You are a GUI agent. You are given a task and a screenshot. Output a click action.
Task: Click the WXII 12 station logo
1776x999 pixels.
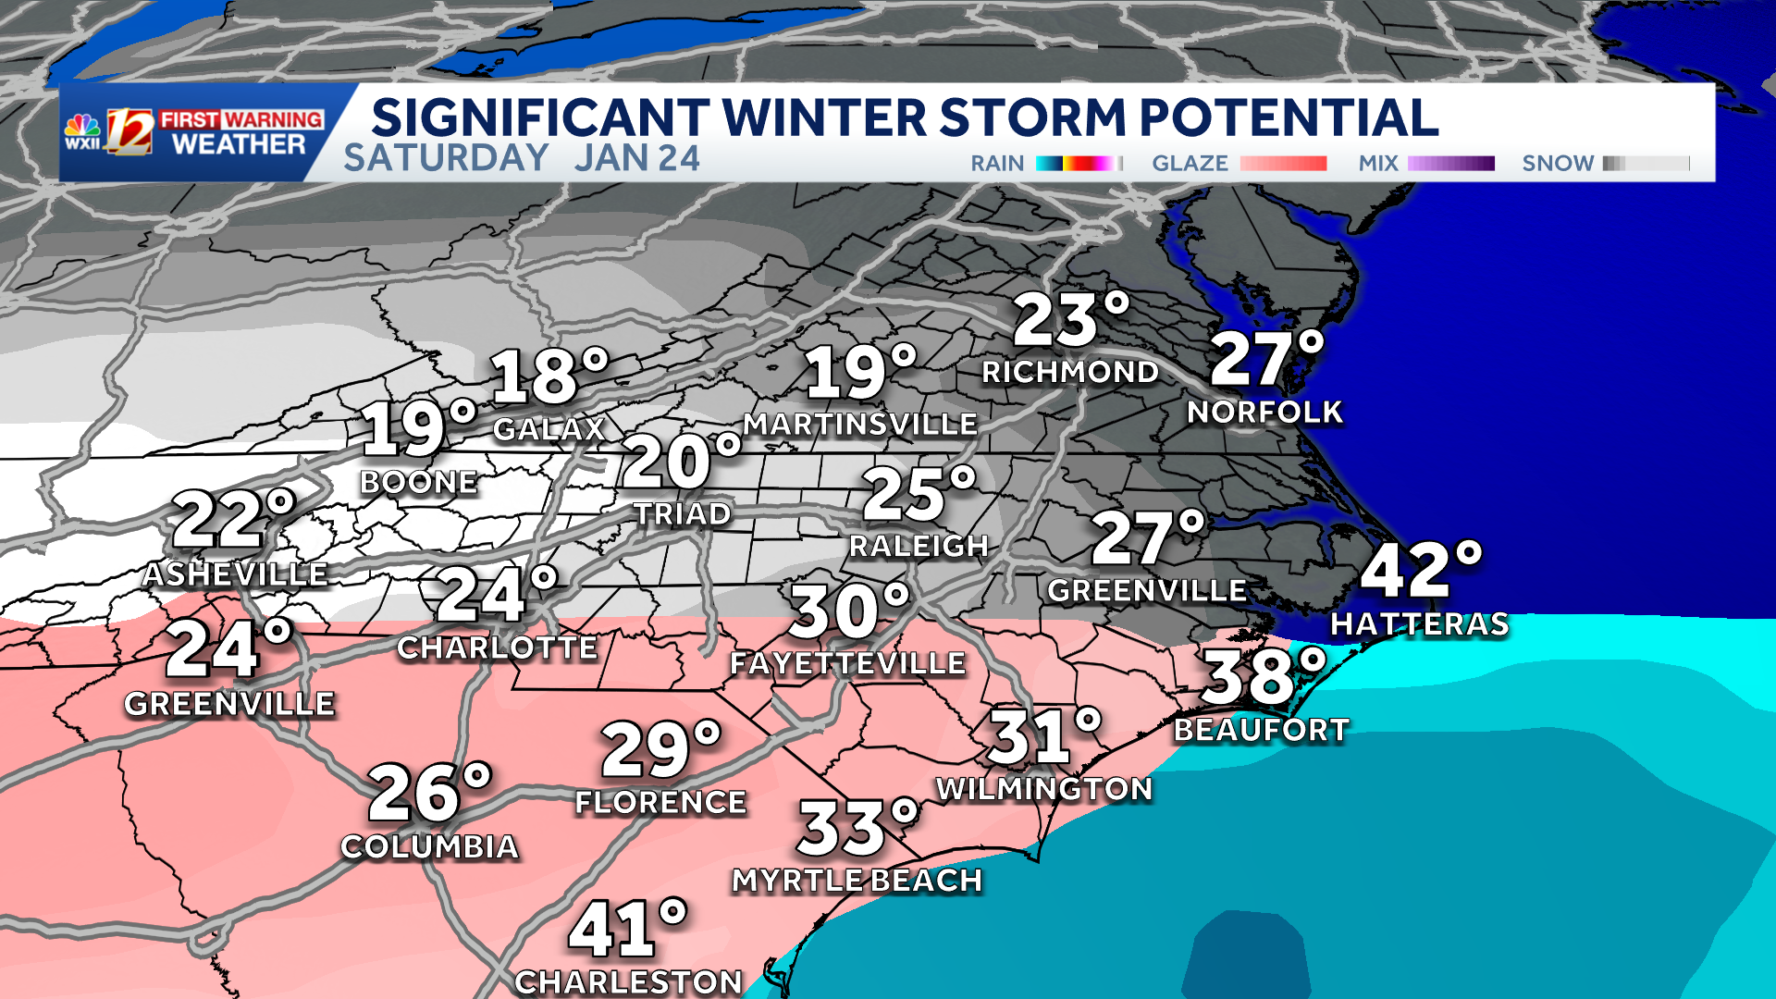(x=109, y=132)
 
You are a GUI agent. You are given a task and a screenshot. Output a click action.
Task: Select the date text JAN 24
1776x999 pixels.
(x=637, y=158)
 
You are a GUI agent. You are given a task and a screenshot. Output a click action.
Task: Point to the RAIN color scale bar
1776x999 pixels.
(x=1079, y=164)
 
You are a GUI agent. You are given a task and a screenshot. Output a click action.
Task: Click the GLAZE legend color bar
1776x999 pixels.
(x=1283, y=164)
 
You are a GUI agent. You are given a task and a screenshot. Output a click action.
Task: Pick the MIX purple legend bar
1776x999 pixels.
(x=1450, y=164)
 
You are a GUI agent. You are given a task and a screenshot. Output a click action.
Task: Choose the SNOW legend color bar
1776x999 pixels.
(x=1646, y=164)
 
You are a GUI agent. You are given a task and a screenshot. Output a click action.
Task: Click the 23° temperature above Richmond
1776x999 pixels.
(x=1070, y=320)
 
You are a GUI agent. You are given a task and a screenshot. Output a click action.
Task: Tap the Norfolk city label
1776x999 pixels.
(x=1264, y=413)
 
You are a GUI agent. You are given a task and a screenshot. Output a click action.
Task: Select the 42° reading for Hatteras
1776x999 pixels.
(x=1420, y=570)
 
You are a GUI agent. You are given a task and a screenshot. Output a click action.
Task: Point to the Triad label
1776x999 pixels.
(x=683, y=514)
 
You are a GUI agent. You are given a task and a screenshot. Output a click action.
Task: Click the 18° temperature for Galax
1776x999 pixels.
(x=549, y=376)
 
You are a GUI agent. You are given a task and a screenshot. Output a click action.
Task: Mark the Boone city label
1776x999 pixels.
(x=419, y=482)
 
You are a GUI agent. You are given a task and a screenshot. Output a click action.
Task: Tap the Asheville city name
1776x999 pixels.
(x=236, y=574)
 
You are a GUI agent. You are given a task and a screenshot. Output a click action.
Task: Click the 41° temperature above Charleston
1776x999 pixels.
(x=627, y=930)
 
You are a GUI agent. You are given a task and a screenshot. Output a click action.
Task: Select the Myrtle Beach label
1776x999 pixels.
(x=857, y=881)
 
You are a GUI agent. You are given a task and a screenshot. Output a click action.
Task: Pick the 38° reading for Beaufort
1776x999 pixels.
(x=1263, y=676)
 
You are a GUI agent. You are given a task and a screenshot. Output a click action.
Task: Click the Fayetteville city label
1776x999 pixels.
(x=848, y=663)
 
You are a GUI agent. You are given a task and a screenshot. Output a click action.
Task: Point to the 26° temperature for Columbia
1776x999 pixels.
(x=429, y=793)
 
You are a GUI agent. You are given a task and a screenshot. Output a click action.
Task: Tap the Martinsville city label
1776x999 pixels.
(x=860, y=425)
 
